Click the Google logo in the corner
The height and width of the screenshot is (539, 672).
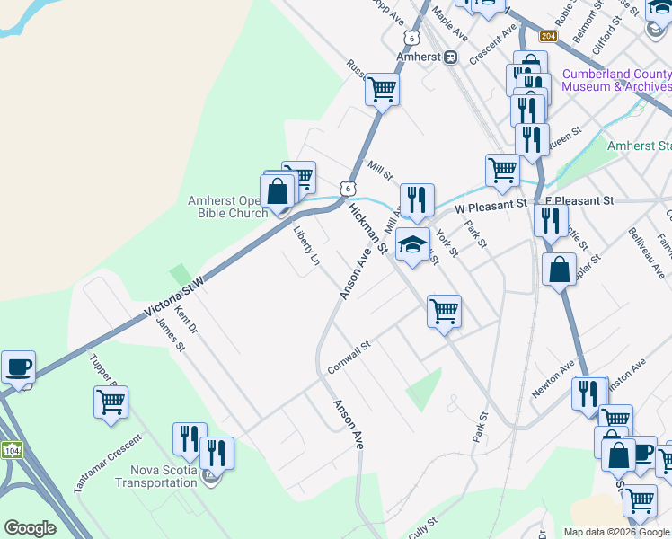pos(30,528)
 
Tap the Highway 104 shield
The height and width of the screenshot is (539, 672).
pos(11,449)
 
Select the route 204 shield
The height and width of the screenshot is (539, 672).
pos(548,36)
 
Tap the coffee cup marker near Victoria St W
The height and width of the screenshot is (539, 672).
pos(18,368)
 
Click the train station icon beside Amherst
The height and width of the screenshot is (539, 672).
pos(450,57)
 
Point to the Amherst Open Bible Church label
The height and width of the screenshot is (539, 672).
pos(227,207)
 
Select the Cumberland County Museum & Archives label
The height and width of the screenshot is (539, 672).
pos(616,80)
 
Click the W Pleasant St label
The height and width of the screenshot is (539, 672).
pos(491,206)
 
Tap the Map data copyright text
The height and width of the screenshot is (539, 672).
pos(616,532)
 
